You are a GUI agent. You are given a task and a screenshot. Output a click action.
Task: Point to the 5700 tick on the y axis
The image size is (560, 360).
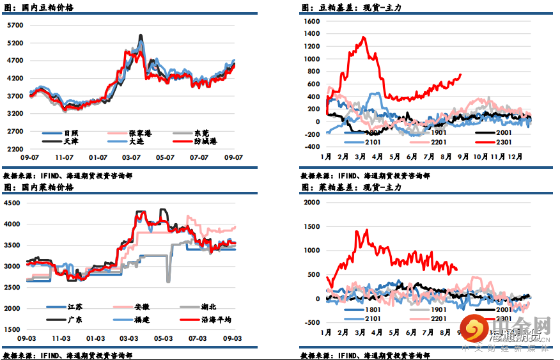pos(15,26)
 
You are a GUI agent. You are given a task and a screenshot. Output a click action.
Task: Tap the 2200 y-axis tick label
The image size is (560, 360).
pos(15,148)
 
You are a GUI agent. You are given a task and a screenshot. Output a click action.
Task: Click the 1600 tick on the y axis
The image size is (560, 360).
pos(311,21)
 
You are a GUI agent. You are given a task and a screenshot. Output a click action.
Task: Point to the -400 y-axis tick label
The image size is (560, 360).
pos(311,146)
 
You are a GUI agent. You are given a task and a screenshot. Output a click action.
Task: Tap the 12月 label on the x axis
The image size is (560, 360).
pos(515,157)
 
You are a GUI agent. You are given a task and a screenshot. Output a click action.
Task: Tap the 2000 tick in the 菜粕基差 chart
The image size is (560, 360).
pos(311,202)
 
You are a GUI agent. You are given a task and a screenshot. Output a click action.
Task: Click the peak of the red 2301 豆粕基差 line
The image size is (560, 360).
pos(364,37)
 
